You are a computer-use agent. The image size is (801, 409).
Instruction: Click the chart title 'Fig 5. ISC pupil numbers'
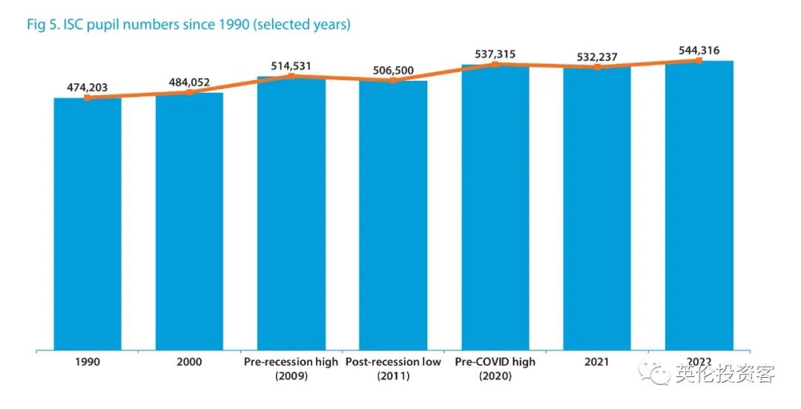click(x=188, y=24)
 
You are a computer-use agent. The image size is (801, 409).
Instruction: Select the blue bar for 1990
click(x=88, y=223)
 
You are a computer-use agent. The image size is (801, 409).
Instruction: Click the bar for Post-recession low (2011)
click(x=393, y=215)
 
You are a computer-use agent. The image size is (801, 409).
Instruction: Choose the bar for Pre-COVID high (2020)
click(x=495, y=207)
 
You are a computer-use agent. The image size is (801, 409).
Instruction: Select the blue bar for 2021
click(x=597, y=209)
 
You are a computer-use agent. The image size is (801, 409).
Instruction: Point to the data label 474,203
click(x=87, y=88)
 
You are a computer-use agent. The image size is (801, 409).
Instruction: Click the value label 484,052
click(x=189, y=82)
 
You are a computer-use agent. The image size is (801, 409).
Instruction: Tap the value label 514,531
click(x=291, y=66)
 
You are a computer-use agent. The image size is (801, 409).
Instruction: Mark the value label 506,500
click(x=393, y=71)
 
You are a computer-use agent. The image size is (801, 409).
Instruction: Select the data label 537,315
click(x=495, y=54)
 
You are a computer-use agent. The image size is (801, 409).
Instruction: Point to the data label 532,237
click(x=597, y=56)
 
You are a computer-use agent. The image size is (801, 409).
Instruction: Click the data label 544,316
click(x=699, y=50)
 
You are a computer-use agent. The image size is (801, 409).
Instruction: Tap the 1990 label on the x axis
click(x=87, y=362)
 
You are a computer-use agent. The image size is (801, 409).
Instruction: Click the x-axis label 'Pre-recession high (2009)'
click(x=291, y=369)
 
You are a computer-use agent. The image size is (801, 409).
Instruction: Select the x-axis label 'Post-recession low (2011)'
click(x=393, y=369)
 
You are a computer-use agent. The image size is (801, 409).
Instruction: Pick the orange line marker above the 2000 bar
click(x=190, y=92)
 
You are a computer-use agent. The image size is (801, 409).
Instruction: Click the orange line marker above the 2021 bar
click(x=597, y=67)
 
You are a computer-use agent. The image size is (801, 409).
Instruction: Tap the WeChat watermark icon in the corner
click(x=657, y=373)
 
